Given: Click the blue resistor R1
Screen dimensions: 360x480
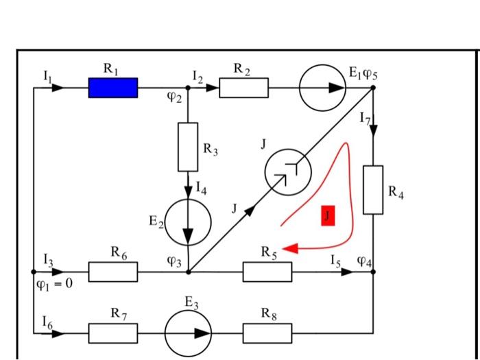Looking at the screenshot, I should pos(112,88).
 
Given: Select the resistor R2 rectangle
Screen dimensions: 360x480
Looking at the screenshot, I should pos(243,88).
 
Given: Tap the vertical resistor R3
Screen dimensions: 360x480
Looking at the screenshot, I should pos(188,147).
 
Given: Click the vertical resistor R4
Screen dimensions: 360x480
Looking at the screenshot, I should pos(374,189).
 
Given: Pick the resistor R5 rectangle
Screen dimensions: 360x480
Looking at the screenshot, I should pos(267,272).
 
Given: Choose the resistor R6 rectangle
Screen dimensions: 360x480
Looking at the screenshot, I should pos(112,272).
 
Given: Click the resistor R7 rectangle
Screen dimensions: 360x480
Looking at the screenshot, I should pos(112,334).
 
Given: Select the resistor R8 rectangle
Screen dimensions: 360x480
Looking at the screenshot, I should pos(267,334).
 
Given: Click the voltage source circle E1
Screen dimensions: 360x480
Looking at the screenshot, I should pos(324,88).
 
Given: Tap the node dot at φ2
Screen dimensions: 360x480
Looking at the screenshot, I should pos(188,88).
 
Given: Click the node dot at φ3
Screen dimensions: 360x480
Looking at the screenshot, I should pos(188,272).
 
